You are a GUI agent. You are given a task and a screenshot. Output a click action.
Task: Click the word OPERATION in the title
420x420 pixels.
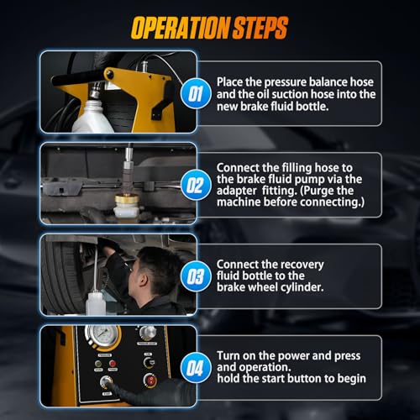coord(181,28)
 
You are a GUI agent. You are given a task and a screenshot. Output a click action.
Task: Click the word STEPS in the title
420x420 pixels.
coord(260,28)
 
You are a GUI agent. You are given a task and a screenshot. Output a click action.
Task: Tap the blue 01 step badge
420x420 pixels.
coord(196,93)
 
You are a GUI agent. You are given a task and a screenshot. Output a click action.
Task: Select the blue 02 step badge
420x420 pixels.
coord(196,185)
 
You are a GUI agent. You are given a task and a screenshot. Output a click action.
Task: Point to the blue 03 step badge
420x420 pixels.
coord(196,276)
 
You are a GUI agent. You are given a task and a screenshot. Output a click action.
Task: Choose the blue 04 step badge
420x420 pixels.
coord(196,368)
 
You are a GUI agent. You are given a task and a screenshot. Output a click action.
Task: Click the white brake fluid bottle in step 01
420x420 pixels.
coord(92,115)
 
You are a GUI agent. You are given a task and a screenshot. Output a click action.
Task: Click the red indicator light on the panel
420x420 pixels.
coord(113,364)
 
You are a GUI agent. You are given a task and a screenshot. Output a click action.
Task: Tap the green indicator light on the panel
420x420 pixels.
coord(98,364)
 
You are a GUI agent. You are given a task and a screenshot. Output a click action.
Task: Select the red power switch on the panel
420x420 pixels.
coord(150,381)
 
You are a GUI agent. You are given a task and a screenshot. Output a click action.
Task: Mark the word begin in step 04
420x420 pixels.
coord(352,379)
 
